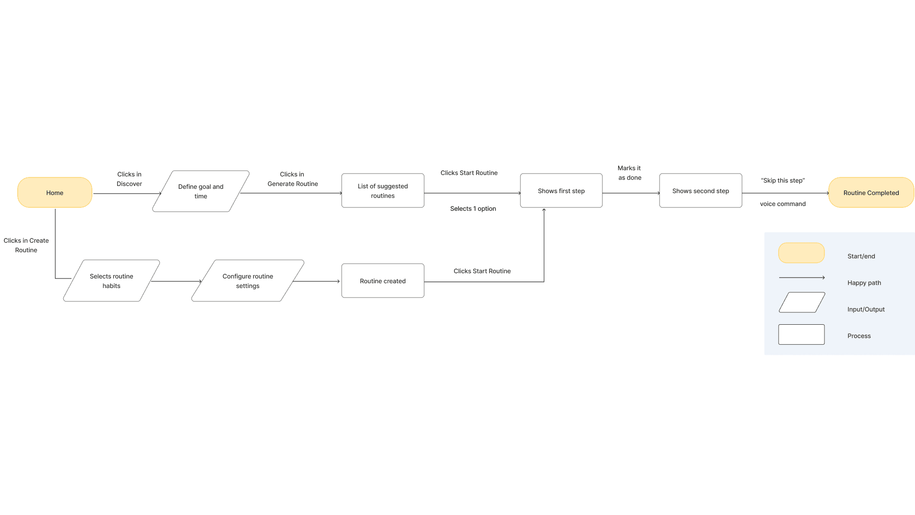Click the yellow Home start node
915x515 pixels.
(55, 193)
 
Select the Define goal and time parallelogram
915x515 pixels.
(201, 191)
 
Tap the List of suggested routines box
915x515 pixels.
(383, 191)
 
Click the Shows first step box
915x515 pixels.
(561, 191)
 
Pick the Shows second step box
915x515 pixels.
(701, 191)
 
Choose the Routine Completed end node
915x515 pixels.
(871, 193)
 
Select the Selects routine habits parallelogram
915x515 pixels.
(112, 281)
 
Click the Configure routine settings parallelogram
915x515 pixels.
(248, 281)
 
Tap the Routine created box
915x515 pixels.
(383, 281)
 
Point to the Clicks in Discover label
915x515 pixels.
(129, 179)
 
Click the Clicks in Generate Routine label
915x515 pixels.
(293, 179)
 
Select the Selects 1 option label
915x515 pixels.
(473, 208)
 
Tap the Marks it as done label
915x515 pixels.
(630, 173)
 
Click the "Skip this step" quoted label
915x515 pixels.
(783, 180)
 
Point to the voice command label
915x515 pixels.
(783, 204)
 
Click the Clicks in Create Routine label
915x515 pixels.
(26, 245)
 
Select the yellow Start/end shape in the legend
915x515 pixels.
(801, 253)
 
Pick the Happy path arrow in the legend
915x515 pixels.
(802, 278)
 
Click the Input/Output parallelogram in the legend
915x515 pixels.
(802, 302)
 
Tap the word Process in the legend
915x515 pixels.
(859, 336)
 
